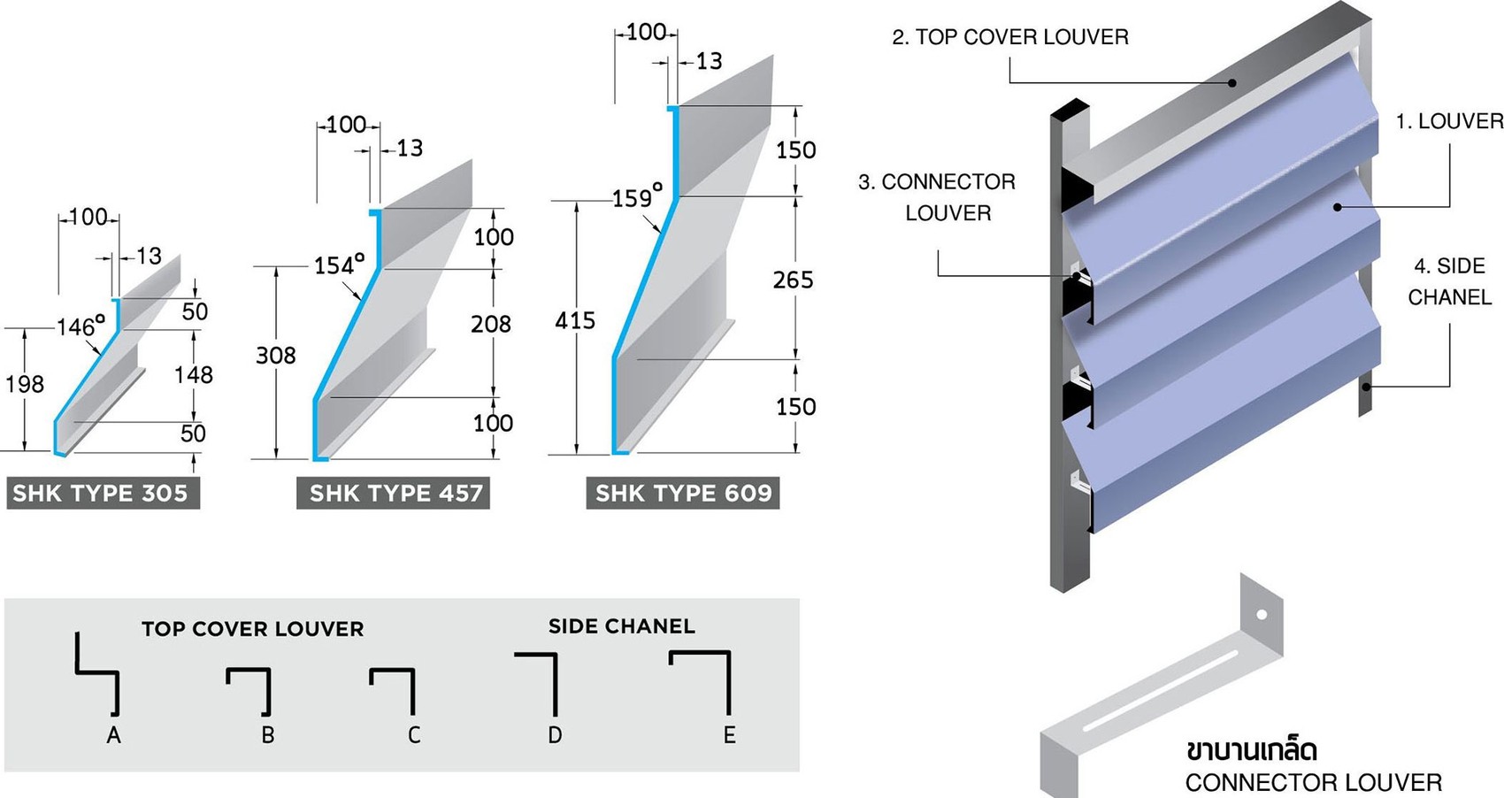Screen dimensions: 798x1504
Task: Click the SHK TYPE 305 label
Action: tap(101, 493)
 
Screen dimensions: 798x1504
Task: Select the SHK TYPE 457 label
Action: tap(395, 493)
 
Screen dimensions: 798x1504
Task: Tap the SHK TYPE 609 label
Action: tap(683, 493)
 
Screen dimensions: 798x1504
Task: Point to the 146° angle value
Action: tap(81, 326)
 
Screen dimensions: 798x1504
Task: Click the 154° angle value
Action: tap(339, 265)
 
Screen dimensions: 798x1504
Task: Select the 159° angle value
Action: tap(637, 196)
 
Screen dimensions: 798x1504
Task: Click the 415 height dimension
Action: tap(575, 320)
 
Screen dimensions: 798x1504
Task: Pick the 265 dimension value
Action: tap(793, 280)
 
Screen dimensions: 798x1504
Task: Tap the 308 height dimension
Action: tap(275, 356)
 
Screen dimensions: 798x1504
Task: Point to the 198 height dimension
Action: tap(24, 384)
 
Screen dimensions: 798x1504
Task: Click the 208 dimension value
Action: tap(490, 324)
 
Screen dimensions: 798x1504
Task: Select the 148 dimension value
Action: tap(193, 375)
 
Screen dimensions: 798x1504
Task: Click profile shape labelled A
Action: tap(97, 674)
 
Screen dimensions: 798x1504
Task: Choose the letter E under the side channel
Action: tap(729, 735)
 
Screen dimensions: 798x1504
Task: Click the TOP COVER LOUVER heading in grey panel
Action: tap(252, 629)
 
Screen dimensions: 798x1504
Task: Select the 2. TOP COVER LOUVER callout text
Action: tap(1009, 37)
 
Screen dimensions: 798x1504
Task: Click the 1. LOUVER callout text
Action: tap(1449, 121)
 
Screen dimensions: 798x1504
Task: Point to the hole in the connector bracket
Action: tap(1262, 614)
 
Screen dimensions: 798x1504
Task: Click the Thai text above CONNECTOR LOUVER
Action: tap(1251, 750)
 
